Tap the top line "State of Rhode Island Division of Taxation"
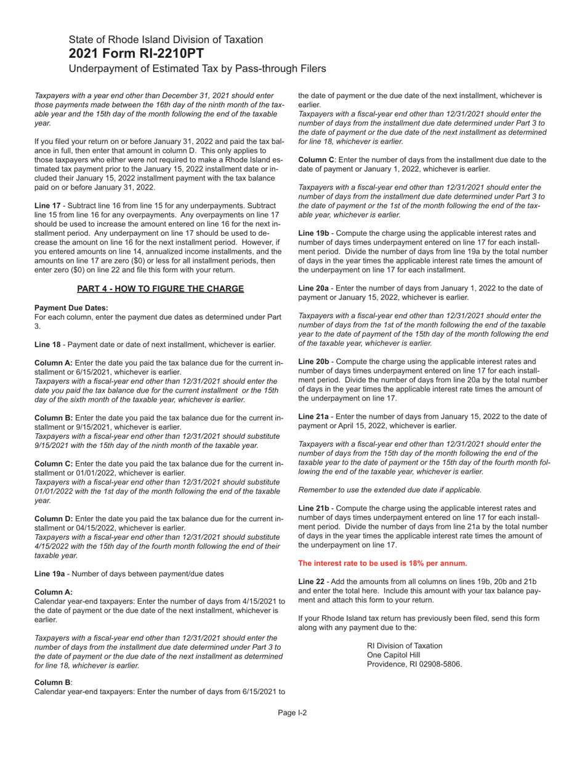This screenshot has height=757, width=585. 166,39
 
